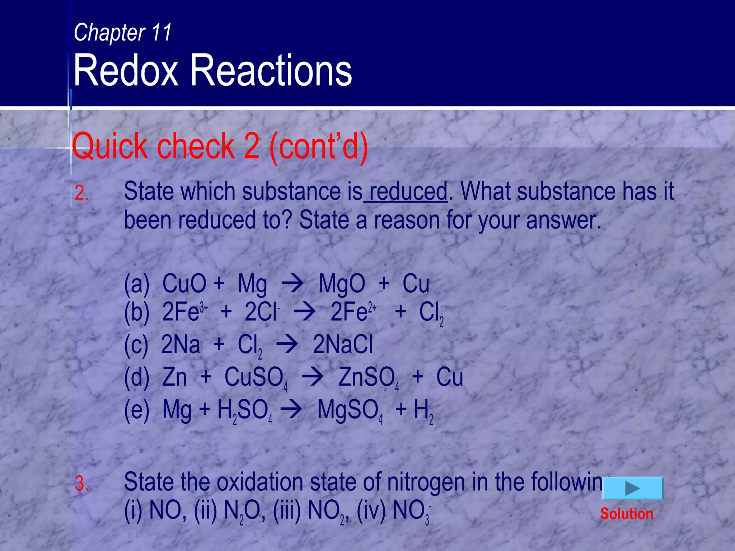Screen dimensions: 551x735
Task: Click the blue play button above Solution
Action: (x=632, y=488)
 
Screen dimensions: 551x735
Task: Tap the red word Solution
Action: (x=627, y=514)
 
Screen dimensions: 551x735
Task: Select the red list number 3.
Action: (x=81, y=484)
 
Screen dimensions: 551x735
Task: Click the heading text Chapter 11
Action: (x=123, y=32)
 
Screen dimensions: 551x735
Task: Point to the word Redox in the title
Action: (x=126, y=70)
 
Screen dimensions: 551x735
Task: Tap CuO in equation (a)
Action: (x=184, y=284)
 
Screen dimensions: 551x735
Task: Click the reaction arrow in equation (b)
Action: (x=305, y=312)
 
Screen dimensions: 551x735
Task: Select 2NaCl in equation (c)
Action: (x=343, y=345)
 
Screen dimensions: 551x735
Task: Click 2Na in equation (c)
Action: (x=181, y=345)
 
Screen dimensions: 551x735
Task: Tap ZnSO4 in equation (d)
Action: (x=368, y=378)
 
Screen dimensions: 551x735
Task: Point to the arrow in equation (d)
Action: (x=312, y=378)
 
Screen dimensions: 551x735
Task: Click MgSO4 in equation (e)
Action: (x=350, y=410)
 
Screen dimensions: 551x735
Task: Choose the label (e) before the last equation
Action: (x=136, y=410)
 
